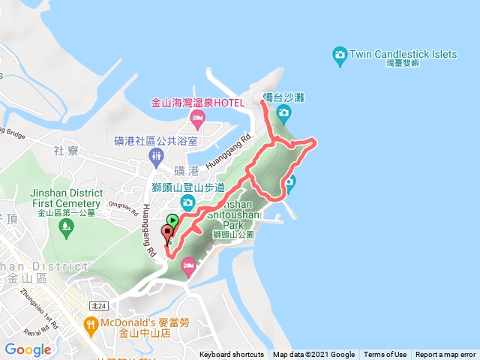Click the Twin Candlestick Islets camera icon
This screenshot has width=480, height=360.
[x=339, y=54]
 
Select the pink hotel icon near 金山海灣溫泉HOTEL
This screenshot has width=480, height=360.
[x=198, y=118]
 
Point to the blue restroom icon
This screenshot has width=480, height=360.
[x=156, y=156]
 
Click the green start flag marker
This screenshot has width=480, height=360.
[x=172, y=221]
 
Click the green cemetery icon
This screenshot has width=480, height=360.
[x=66, y=226]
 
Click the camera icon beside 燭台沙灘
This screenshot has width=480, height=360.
[x=283, y=113]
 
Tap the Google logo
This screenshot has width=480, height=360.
[x=28, y=349]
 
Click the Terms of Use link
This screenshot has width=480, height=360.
[x=385, y=355]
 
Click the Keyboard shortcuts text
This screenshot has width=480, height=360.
[x=232, y=355]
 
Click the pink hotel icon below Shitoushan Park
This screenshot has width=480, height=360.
[x=188, y=264]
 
